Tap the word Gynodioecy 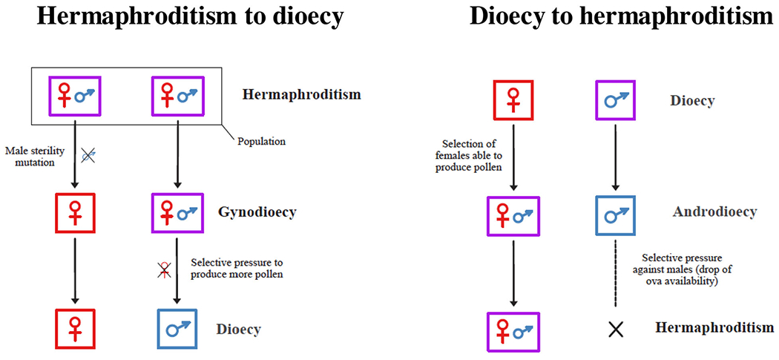(257, 212)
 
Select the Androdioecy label (714, 212)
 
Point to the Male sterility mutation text (35, 156)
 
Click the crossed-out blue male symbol (88, 155)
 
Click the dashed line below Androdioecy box (615, 271)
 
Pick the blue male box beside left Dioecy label (178, 328)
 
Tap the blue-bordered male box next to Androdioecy (615, 214)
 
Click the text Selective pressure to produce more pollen (237, 268)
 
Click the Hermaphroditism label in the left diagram (301, 95)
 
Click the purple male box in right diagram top (615, 99)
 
